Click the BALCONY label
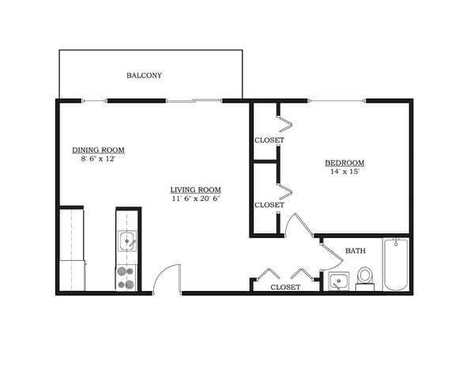(144, 76)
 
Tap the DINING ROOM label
(98, 149)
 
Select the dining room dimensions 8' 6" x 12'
(98, 159)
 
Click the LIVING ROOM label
(195, 190)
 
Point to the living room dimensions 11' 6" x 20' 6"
(195, 199)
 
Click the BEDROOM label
(344, 164)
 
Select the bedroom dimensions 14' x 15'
(344, 173)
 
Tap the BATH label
(355, 252)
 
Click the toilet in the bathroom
(365, 278)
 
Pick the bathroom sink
(337, 281)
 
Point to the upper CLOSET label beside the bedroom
(269, 140)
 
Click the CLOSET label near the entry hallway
(285, 287)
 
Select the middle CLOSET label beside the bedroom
(269, 205)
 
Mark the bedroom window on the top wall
(337, 100)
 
